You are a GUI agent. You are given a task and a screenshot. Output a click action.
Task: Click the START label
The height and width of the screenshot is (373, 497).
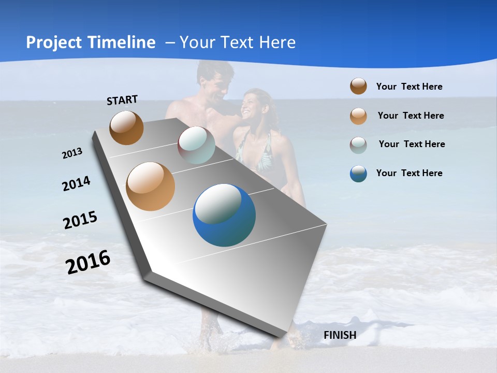tap(122, 100)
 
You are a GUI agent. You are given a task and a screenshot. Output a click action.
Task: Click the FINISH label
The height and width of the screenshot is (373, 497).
tap(340, 335)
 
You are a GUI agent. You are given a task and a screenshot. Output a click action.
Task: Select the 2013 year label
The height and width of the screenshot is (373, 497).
tap(72, 153)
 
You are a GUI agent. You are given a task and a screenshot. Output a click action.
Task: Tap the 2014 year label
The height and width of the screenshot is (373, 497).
tap(76, 183)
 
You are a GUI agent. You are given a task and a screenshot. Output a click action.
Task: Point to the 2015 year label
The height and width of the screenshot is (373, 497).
tap(80, 220)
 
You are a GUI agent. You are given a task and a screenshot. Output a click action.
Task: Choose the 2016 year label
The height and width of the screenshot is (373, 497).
tap(88, 262)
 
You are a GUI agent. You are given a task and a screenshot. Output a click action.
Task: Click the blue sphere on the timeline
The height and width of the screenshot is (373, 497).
tap(224, 215)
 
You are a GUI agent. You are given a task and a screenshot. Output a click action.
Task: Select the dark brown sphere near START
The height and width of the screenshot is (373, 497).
tap(126, 127)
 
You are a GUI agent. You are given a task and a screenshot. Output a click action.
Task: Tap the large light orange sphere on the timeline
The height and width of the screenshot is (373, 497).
tap(151, 187)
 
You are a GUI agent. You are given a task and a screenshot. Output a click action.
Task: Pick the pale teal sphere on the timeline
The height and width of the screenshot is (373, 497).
tap(196, 145)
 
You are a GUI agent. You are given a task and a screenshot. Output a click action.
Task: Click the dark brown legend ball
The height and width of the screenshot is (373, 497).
tap(358, 86)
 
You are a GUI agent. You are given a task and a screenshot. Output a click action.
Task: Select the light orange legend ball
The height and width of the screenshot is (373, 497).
tap(358, 116)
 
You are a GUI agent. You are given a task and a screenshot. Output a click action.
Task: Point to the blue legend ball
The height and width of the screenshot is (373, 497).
tap(358, 174)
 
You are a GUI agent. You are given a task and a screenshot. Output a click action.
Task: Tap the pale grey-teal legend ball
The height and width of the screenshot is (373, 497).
tap(358, 145)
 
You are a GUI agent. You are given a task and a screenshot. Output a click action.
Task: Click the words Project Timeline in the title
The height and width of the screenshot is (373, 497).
tap(91, 42)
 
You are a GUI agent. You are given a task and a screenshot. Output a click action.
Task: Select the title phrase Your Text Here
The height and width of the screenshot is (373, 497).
tap(237, 42)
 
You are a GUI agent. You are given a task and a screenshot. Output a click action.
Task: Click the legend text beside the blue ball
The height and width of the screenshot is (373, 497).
tap(409, 173)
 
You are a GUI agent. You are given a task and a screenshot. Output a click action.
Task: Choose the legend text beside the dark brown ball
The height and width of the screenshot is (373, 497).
tap(409, 87)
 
